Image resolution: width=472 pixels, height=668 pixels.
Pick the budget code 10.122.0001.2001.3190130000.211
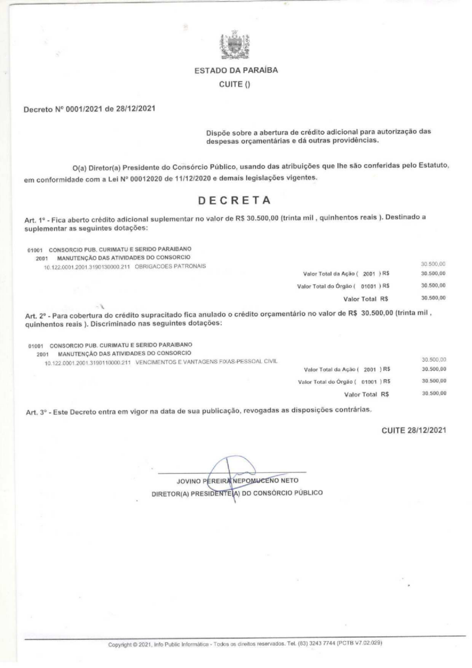pyautogui.click(x=88, y=265)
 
